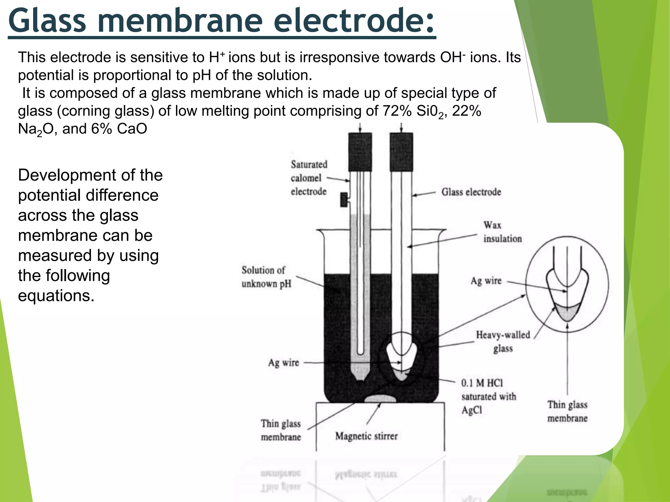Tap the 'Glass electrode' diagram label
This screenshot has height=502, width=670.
[471, 192]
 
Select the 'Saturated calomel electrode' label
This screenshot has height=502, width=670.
[309, 178]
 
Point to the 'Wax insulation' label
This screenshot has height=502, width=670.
[502, 232]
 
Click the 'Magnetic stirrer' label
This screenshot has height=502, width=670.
[366, 436]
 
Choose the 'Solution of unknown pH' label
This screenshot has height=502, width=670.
[266, 277]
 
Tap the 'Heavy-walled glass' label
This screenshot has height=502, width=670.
[503, 342]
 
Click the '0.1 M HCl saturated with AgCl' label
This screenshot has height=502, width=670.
[488, 396]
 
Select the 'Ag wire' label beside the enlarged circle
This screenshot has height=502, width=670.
[486, 281]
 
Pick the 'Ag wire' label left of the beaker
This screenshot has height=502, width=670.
[283, 362]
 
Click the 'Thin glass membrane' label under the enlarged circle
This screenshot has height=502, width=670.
[567, 411]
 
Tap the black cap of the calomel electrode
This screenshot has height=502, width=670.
[360, 152]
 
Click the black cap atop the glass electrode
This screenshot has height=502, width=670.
[401, 152]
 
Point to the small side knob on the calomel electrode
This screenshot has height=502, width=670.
[344, 199]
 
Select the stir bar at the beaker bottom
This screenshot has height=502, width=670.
[380, 398]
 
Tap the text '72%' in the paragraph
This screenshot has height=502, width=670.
[397, 111]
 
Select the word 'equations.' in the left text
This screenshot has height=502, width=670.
[56, 296]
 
